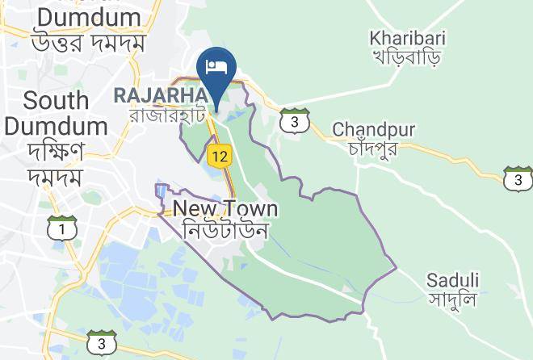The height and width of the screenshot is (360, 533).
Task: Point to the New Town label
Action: click(225, 209)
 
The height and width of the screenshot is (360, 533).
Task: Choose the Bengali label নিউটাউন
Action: click(225, 230)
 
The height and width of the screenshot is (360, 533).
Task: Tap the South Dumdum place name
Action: click(56, 113)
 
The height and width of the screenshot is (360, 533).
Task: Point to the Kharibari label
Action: click(406, 37)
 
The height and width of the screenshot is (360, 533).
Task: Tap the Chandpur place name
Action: click(373, 129)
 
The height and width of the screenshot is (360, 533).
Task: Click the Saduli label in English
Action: click(453, 280)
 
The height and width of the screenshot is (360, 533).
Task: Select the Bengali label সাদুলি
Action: click(453, 300)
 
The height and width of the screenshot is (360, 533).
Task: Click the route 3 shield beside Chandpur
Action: click(296, 120)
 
